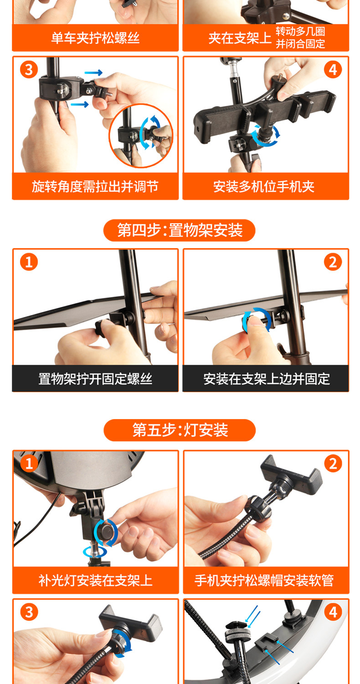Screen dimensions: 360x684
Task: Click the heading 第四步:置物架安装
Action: [180, 230]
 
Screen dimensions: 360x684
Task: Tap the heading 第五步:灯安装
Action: [180, 430]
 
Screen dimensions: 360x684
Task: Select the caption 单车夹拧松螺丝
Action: [95, 38]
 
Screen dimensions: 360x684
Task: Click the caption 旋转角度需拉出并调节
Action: [95, 186]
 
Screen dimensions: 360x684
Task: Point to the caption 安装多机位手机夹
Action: [264, 186]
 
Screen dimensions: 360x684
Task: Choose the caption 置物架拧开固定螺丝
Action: [95, 378]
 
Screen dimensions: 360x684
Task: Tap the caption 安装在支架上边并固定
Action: [266, 378]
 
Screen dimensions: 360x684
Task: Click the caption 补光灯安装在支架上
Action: [95, 580]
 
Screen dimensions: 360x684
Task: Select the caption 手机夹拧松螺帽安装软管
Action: [264, 580]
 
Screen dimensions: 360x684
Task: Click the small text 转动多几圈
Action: [300, 31]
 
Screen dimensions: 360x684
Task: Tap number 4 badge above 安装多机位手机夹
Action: [333, 70]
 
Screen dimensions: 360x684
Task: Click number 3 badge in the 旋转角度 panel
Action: [29, 70]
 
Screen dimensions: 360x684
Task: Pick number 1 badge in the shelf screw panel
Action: [29, 262]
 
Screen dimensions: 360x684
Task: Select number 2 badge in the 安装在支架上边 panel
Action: [333, 262]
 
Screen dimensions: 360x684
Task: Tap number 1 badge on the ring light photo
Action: [29, 463]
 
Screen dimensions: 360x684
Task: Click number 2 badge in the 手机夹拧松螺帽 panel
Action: [333, 463]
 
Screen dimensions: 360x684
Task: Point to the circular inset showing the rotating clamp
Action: [141, 136]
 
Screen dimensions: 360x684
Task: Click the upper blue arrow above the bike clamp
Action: [93, 73]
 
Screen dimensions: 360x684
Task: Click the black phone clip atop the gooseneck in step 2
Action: [291, 475]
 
